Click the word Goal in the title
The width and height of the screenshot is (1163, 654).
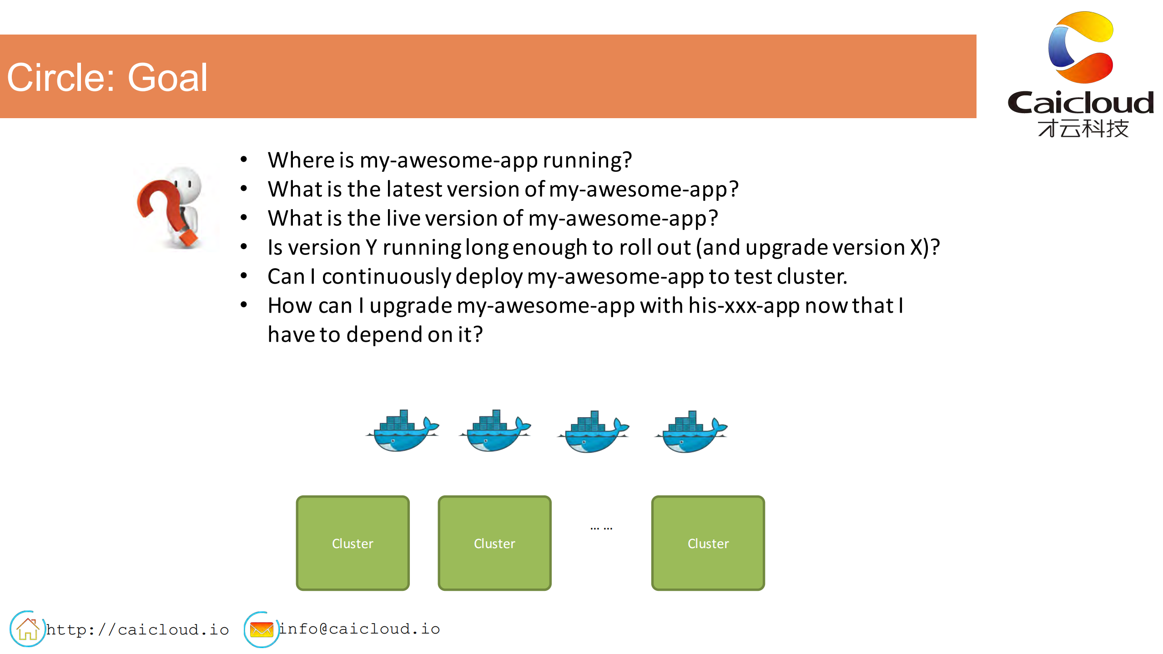click(167, 78)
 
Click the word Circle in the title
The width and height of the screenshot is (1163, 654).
click(63, 78)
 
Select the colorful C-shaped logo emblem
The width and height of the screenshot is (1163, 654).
click(1081, 47)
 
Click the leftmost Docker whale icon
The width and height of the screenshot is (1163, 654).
click(402, 430)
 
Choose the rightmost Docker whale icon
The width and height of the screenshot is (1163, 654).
click(691, 431)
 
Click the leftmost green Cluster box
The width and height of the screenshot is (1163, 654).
click(352, 543)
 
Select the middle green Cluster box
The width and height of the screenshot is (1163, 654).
click(494, 543)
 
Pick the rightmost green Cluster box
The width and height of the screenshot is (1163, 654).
click(708, 543)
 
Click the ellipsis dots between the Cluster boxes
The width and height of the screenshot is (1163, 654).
click(601, 529)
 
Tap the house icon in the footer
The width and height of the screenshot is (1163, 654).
click(28, 629)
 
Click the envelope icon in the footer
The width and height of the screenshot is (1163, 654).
click(262, 629)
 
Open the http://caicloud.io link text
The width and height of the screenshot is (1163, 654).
click(137, 629)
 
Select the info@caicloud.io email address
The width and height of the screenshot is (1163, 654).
click(359, 629)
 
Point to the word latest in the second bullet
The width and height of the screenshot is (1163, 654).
click(413, 189)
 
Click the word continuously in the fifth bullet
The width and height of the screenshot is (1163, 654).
click(387, 277)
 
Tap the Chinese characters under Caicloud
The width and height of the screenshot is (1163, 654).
click(1083, 128)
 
